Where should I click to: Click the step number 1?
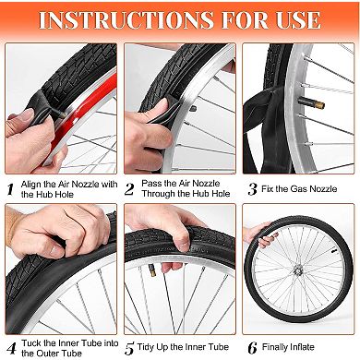(11, 189)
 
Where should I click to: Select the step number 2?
(131, 189)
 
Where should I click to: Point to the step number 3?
(251, 189)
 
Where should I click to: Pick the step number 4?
(11, 349)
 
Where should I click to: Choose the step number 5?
(131, 349)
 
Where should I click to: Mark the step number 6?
(251, 348)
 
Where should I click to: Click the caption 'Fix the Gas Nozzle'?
(304, 189)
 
